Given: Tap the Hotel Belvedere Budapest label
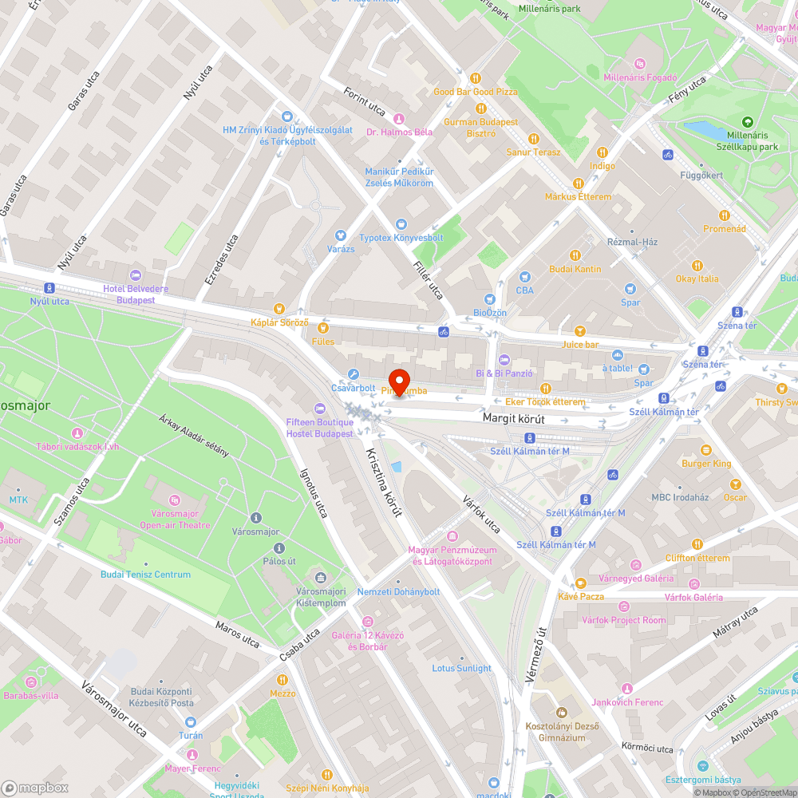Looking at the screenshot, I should coord(129,294).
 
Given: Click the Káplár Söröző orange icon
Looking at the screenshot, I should coord(279,308).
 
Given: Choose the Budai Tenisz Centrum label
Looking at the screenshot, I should coord(145,575).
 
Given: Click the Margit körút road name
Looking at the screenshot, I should coord(513,417).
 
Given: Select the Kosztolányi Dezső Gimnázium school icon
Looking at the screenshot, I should coord(561,712).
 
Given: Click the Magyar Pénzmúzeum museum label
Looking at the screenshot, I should coord(452,555).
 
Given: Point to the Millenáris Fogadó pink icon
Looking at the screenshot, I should coord(639,64).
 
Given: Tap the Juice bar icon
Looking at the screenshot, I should coord(580,330).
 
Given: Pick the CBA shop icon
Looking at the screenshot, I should coord(524,276).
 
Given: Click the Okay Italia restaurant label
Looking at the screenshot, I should coord(697,279).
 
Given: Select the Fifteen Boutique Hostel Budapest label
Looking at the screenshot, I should coord(319,428).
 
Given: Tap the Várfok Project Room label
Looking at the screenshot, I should coord(623,620).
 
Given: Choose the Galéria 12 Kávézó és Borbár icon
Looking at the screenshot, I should coord(367,621).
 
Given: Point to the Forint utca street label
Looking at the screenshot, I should coord(365,102).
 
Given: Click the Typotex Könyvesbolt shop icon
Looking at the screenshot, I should coord(401,224).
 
